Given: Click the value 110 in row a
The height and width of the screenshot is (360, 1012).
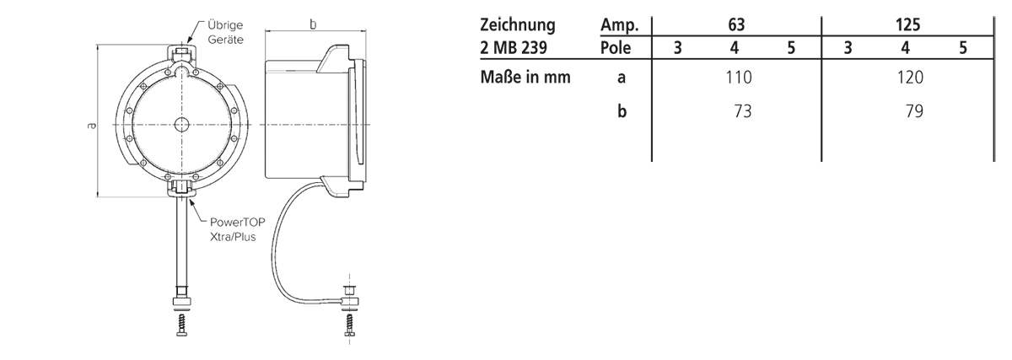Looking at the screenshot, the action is point(739,78).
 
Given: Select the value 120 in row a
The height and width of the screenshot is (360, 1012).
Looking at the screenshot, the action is point(910,78).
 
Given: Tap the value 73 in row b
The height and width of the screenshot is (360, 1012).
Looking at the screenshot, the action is point(743,111).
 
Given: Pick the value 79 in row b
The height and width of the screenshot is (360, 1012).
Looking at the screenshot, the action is point(914,111).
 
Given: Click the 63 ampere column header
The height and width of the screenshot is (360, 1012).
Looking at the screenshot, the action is point(736,24).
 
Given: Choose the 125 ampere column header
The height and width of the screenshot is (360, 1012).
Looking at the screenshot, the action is point(907,24).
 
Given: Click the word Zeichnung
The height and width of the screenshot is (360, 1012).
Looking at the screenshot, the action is point(518,24).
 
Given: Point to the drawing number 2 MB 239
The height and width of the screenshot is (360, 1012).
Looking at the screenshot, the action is point(514,47).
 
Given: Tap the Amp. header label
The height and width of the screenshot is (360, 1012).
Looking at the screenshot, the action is point(619,25).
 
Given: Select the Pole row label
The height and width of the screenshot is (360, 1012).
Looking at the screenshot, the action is point(616,47).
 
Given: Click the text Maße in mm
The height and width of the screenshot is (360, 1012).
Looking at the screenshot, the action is point(525,77).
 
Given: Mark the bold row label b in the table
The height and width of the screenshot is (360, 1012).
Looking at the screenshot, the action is point(622,111).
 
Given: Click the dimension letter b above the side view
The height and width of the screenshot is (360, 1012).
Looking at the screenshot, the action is point(313,24).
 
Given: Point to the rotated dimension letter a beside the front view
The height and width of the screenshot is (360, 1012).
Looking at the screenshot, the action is point(92,125).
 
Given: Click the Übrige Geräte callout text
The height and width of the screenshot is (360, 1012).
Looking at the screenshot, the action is point(225,32).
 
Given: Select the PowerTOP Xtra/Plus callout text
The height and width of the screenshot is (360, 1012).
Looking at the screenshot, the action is point(237,229).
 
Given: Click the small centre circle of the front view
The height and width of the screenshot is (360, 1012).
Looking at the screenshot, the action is point(181,125).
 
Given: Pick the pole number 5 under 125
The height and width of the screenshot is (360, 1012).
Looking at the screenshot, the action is point(963,47).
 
